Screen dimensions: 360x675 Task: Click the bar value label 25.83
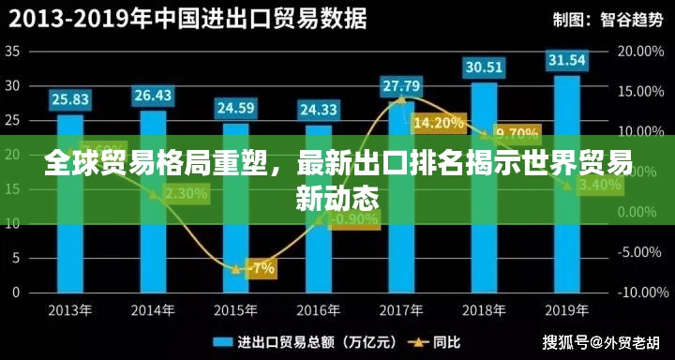pyautogui.click(x=70, y=98)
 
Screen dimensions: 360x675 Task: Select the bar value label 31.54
pyautogui.click(x=566, y=61)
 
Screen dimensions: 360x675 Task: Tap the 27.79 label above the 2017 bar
pyautogui.click(x=401, y=86)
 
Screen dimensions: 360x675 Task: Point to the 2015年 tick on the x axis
pyautogui.click(x=235, y=309)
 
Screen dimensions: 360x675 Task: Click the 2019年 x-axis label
pyautogui.click(x=566, y=309)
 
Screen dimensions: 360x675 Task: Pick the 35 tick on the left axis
pyautogui.click(x=13, y=52)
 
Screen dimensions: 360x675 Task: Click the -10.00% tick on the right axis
pyautogui.click(x=637, y=292)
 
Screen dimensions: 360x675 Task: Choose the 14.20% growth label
pyautogui.click(x=438, y=123)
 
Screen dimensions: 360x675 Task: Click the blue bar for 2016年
pyautogui.click(x=319, y=244)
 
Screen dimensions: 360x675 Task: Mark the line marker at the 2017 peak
pyautogui.click(x=401, y=98)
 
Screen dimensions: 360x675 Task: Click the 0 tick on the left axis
pyautogui.click(x=16, y=292)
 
